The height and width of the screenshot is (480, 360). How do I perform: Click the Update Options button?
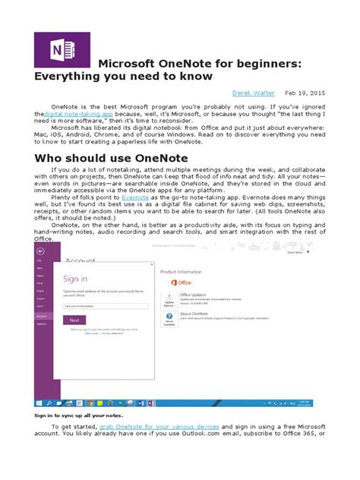(169, 302)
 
